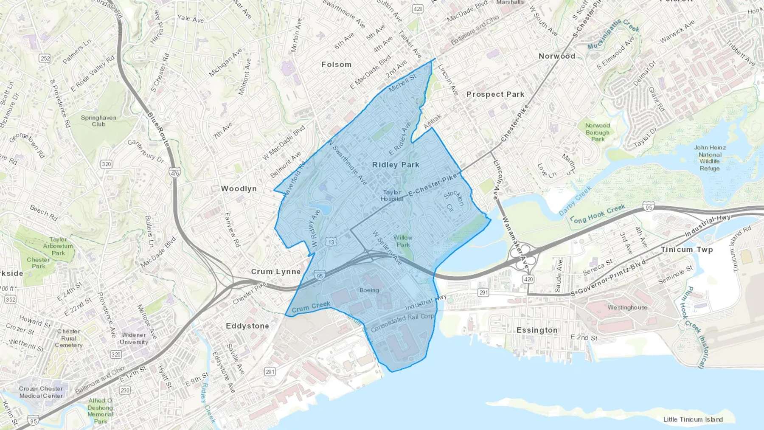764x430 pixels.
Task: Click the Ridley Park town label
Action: point(396,165)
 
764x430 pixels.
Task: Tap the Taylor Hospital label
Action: point(391,196)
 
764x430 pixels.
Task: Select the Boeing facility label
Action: point(369,290)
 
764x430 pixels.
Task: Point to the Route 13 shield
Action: point(331,242)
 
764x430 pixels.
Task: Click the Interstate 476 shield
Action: point(175,173)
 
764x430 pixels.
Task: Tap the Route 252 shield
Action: point(45,58)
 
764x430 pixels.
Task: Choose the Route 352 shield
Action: point(11,300)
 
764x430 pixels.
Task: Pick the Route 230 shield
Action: point(125,390)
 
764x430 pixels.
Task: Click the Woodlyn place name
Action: point(239,188)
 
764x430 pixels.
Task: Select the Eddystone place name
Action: point(247,326)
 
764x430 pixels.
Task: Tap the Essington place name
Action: point(537,330)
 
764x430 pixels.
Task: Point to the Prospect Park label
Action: point(495,94)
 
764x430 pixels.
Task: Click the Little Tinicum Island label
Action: point(693,419)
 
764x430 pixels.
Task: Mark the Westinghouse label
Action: point(627,307)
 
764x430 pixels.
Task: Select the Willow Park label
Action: point(403,241)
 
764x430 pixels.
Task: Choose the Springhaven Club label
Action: point(98,121)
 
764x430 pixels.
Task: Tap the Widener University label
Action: point(134,339)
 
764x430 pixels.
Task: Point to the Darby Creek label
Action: point(575,200)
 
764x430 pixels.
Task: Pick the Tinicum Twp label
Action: point(687,250)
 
